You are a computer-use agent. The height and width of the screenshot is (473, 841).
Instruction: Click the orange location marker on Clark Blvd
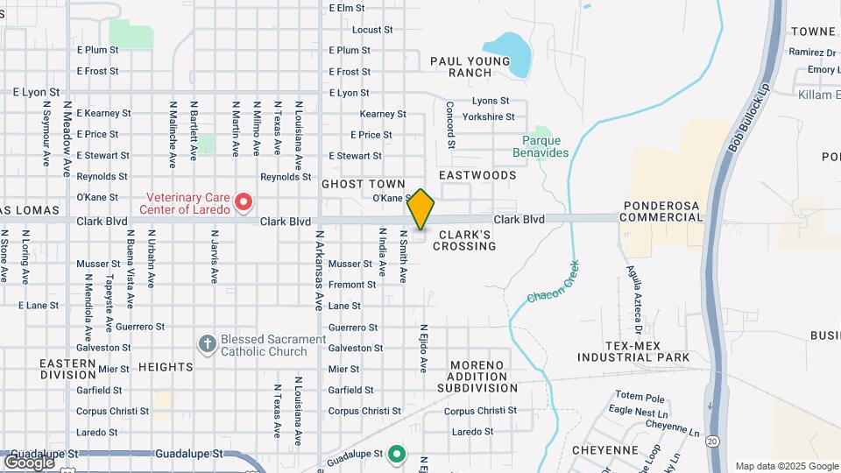tap(420, 210)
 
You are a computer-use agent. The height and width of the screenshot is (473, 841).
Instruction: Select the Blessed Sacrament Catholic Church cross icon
tap(207, 343)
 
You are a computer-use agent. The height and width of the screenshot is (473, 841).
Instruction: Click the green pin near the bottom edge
tap(397, 454)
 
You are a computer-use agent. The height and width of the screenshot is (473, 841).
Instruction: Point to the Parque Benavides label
tap(545, 146)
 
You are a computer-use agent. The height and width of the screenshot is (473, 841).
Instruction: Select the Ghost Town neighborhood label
tap(364, 184)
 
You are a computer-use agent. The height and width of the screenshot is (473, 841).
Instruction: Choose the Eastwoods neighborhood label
tap(477, 175)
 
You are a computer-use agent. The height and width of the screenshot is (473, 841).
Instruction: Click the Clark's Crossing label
tap(467, 240)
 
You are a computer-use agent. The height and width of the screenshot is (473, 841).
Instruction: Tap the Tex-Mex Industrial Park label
tap(633, 351)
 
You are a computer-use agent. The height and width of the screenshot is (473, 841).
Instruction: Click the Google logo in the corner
tap(28, 462)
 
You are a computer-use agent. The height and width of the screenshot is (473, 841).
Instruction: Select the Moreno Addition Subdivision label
tap(484, 376)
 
